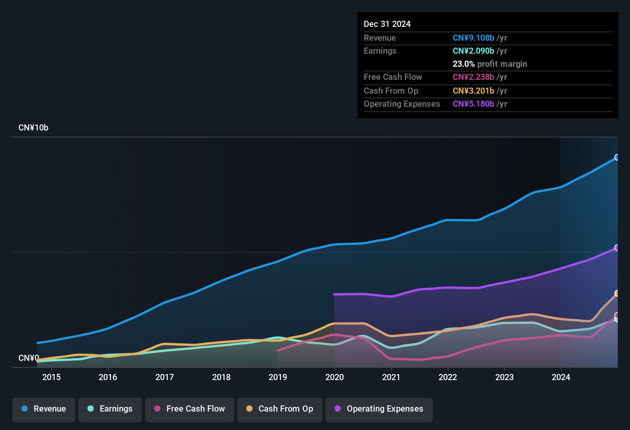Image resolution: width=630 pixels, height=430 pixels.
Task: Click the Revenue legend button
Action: (x=44, y=409)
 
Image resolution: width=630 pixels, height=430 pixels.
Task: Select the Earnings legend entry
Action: (x=110, y=409)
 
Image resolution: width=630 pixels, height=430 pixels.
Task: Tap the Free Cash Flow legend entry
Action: (x=190, y=409)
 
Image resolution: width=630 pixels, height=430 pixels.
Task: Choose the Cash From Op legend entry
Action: (x=280, y=409)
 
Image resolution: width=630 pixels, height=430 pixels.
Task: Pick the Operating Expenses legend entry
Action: (x=379, y=409)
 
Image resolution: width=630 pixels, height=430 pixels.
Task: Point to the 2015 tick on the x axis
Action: (x=51, y=377)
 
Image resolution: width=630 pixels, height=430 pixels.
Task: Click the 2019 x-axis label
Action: (x=278, y=377)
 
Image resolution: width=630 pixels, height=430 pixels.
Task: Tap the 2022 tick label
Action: (x=448, y=377)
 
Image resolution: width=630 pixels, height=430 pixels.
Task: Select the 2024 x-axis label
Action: (x=561, y=377)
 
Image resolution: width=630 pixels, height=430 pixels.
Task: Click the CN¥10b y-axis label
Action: (x=33, y=128)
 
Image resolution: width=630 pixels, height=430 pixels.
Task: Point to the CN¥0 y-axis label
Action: (x=29, y=358)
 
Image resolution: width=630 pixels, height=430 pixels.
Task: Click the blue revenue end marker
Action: (x=617, y=157)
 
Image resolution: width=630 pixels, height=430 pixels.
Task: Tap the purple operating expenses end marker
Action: (x=617, y=248)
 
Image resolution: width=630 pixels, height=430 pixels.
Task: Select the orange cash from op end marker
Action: (x=617, y=293)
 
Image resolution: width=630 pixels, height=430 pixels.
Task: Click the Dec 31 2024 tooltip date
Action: (x=387, y=24)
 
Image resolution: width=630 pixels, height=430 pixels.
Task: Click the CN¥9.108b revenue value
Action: (x=473, y=38)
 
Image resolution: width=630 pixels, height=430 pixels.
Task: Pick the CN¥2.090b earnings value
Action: (x=473, y=51)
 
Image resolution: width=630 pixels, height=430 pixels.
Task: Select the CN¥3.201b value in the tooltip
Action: (x=473, y=91)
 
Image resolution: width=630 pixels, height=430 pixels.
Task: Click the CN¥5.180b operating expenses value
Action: (x=473, y=104)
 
